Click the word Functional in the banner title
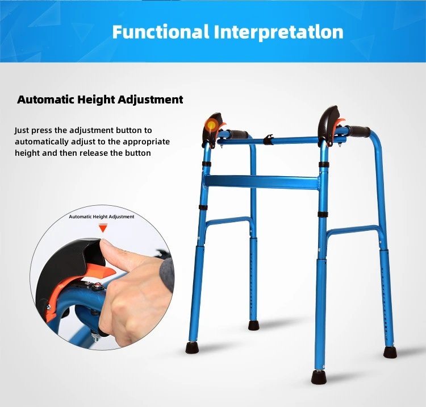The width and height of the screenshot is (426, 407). coord(160,32)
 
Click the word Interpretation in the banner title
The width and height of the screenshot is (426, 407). coord(279,32)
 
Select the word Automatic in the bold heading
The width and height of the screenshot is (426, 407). coord(43,100)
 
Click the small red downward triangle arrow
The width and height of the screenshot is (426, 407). coord(102,228)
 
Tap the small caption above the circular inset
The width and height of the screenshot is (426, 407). coord(102,217)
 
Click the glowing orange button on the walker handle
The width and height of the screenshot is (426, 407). coord(211,124)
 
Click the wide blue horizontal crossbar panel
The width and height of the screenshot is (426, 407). coord(262,182)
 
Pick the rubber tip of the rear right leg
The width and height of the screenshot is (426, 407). coord(390,351)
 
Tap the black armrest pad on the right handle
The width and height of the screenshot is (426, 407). coord(331,119)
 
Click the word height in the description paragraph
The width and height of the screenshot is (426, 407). coord(27,153)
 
